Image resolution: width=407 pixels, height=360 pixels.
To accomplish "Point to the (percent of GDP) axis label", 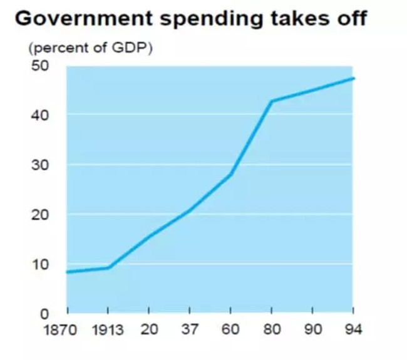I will tap(89, 48).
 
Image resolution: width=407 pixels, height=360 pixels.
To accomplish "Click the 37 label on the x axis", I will tap(190, 329).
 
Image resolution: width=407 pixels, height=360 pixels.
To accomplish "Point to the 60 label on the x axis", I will tap(230, 329).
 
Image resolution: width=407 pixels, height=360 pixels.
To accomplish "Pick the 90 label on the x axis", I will tap(312, 329).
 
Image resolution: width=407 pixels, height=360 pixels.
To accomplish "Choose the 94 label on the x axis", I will tap(353, 329).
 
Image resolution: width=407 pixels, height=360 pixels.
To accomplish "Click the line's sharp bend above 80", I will tap(271, 101).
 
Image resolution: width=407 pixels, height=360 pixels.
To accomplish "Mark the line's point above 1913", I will tap(109, 267).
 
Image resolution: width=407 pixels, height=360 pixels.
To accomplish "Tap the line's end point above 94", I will tap(354, 78).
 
